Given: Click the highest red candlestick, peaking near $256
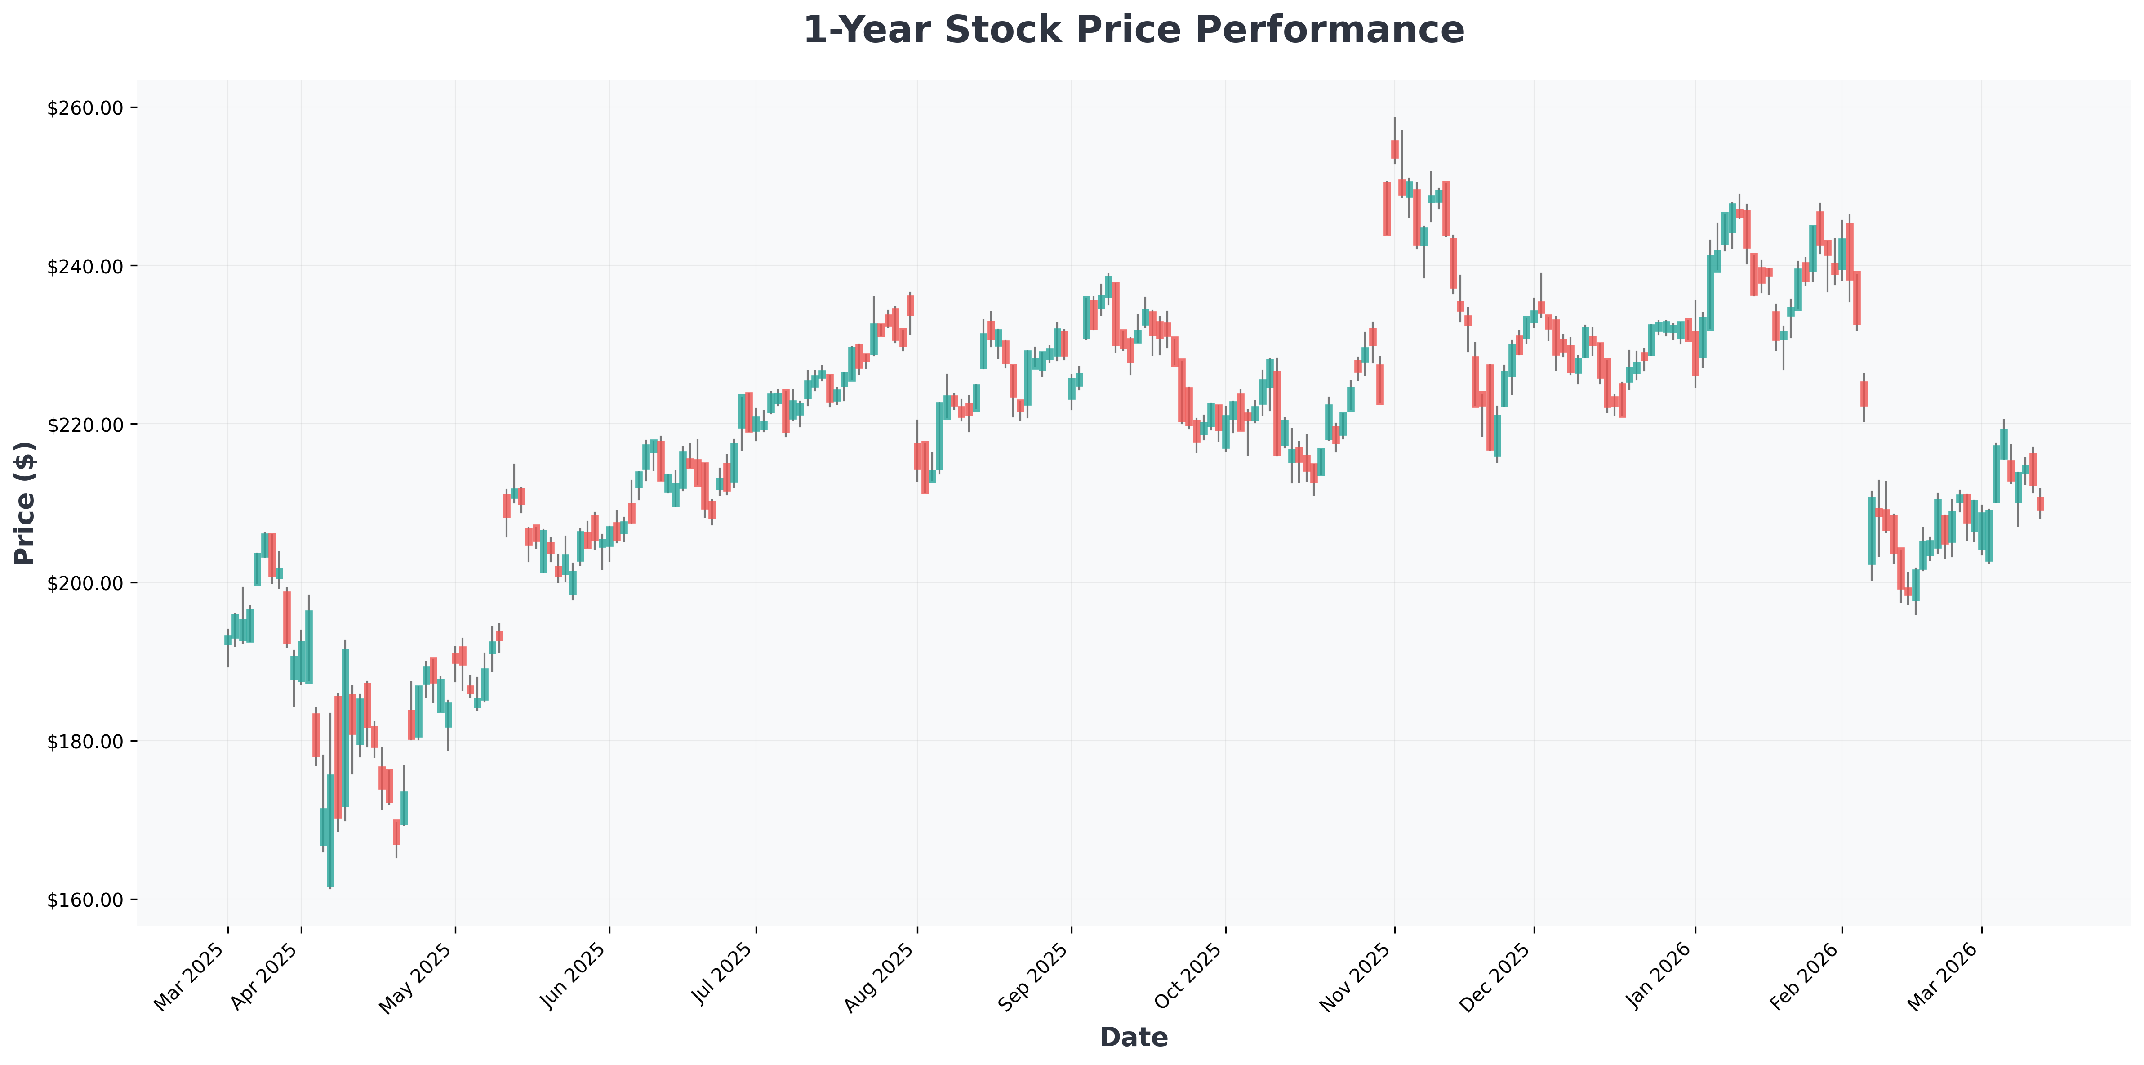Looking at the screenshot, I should (1395, 149).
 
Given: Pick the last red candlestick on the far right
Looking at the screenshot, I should (2040, 504).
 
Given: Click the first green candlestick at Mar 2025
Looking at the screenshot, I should (228, 640).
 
